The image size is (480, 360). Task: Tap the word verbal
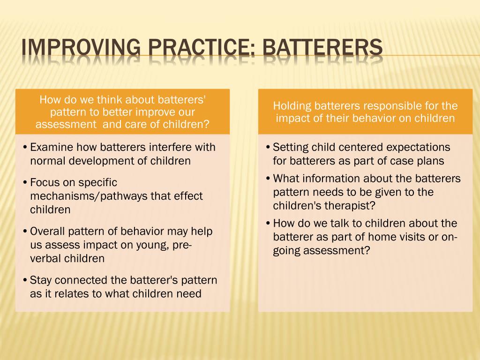point(45,258)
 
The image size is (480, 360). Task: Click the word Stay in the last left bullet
point(40,280)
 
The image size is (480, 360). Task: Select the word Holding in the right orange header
point(293,105)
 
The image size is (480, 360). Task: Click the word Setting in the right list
point(291,147)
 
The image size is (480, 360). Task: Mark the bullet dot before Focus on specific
point(24,183)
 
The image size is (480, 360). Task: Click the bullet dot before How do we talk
point(267,224)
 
